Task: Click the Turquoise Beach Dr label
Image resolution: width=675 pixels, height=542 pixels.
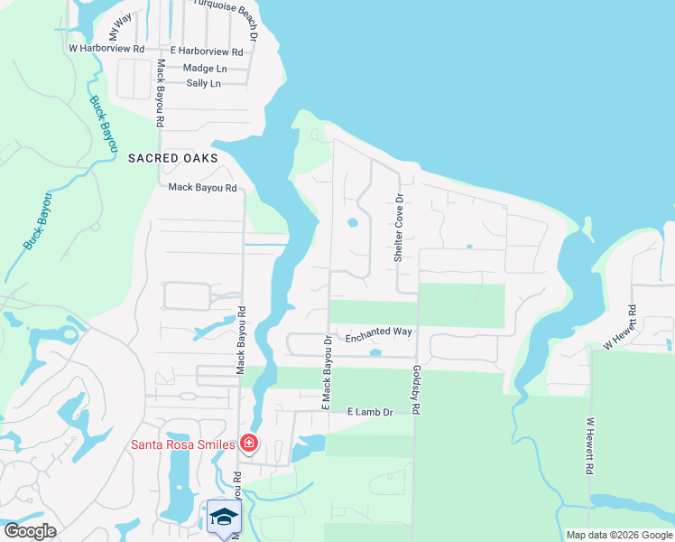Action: point(227,11)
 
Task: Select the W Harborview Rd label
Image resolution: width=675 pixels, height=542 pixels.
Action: point(106,49)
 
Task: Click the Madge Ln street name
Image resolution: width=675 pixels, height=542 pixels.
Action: point(204,68)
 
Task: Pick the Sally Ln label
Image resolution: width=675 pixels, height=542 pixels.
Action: point(203,83)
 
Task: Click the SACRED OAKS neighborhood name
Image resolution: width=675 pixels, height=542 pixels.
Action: point(172,157)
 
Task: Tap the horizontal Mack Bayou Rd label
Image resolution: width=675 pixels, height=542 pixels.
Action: point(202,188)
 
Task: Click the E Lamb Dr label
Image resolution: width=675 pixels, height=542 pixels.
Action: point(371,412)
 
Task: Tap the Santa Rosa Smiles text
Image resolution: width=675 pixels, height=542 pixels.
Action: point(183,444)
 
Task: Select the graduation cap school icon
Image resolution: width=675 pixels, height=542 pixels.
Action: point(223,517)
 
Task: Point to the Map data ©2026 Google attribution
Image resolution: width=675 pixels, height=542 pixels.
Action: point(618,535)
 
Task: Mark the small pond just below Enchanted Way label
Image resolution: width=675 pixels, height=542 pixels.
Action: point(376,353)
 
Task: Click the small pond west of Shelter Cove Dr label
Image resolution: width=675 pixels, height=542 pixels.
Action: point(353,221)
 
